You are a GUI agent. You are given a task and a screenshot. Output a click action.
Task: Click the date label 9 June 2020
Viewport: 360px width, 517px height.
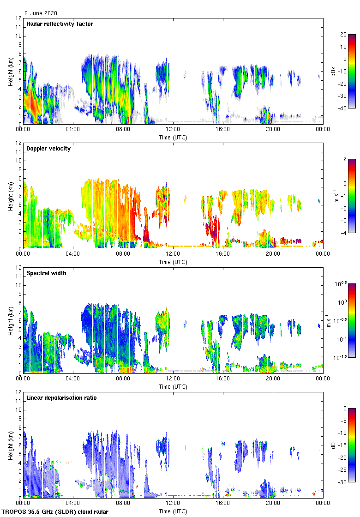click(41, 13)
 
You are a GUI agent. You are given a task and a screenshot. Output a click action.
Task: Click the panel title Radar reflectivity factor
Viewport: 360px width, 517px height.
click(60, 24)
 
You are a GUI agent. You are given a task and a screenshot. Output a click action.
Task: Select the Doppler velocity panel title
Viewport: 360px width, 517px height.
click(48, 149)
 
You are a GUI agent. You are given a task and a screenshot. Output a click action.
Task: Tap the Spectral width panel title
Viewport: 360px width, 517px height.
click(46, 273)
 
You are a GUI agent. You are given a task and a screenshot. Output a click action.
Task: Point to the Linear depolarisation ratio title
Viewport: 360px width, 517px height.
click(61, 398)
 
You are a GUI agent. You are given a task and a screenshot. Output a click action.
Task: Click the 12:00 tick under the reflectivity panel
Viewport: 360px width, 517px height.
click(173, 130)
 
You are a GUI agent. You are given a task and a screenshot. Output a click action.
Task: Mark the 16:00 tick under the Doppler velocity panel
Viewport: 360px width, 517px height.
click(223, 254)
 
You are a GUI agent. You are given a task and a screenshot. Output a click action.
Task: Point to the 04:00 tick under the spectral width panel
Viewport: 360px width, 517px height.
click(73, 379)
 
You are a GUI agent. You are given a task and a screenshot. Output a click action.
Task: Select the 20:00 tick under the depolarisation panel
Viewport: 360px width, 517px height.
click(273, 504)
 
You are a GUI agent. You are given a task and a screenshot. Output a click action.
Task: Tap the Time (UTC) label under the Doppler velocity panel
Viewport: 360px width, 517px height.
click(173, 262)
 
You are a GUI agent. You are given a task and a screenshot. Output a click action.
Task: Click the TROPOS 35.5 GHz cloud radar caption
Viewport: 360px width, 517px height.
click(55, 512)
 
